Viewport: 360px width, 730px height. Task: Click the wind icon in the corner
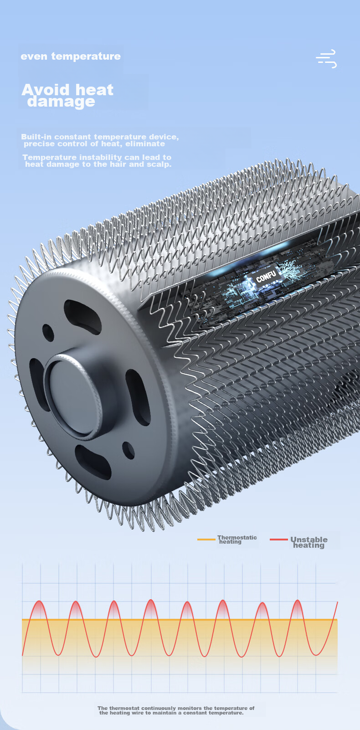[326, 59]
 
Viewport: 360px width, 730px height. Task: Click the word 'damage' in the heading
[61, 102]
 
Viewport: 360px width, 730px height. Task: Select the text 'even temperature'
[71, 57]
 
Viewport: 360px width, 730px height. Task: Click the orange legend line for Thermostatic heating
[206, 540]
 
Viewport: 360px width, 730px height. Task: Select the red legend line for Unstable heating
[278, 540]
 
